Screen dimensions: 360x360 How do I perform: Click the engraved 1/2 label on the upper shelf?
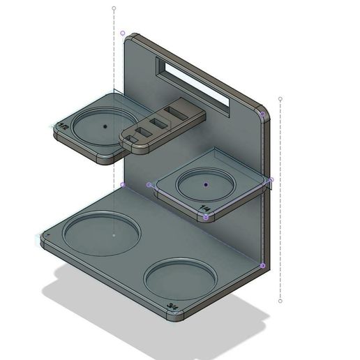click(x=65, y=126)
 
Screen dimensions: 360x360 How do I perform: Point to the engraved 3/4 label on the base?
click(x=172, y=306)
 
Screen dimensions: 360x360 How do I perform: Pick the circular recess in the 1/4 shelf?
click(x=206, y=185)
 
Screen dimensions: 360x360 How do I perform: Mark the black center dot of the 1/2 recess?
click(x=105, y=126)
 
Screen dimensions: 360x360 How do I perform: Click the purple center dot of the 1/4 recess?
click(x=206, y=184)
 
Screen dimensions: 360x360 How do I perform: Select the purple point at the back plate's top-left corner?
click(x=123, y=33)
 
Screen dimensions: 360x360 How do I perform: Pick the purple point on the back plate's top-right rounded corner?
click(x=262, y=113)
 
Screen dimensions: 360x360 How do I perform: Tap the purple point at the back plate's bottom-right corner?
click(x=262, y=265)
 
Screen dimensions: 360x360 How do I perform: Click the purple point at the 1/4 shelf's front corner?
click(x=206, y=218)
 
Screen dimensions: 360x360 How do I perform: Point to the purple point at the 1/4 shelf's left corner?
click(x=150, y=185)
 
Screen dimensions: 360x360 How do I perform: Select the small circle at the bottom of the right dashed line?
click(x=280, y=301)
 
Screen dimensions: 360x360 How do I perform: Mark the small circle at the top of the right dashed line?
click(x=280, y=99)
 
